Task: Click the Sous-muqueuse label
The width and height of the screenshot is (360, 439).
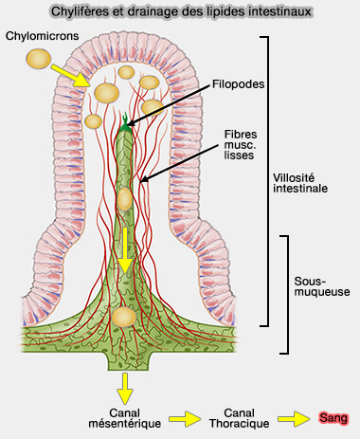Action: coord(325,287)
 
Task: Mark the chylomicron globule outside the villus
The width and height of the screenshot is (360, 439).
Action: coord(38,59)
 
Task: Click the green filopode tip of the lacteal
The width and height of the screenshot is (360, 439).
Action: coord(124,120)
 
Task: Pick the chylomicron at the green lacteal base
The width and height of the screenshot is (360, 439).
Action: coord(122,317)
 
